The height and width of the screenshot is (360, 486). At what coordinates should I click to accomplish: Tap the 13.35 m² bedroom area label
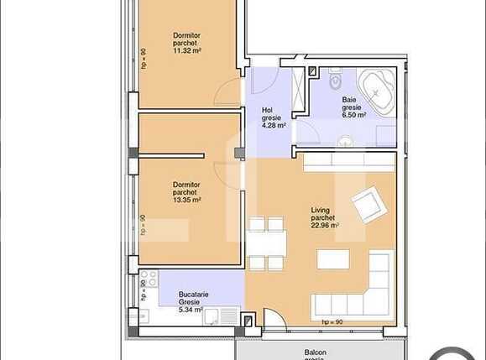(x=186, y=201)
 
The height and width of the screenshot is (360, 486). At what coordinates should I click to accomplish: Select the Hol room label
(x=268, y=109)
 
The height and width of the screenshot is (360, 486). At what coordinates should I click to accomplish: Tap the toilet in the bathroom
(x=334, y=82)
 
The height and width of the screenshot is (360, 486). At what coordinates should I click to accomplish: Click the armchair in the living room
(x=367, y=204)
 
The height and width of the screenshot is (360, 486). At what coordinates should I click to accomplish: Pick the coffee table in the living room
(x=333, y=258)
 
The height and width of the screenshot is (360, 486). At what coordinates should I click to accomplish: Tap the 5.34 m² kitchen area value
(x=192, y=310)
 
